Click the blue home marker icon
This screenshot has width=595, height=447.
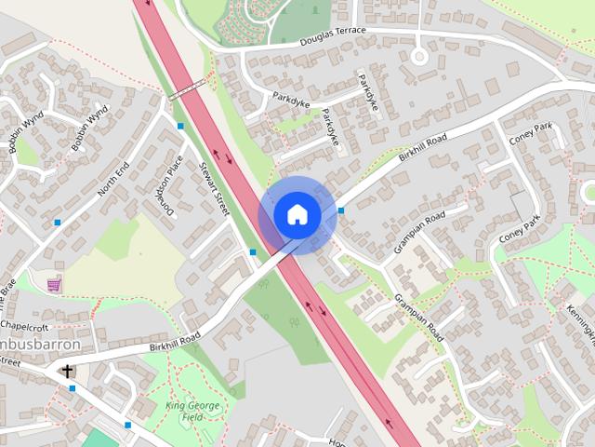(297, 214)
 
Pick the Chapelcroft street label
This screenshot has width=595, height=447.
(23, 327)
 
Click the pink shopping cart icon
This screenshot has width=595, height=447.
(55, 283)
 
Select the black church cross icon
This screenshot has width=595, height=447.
(67, 372)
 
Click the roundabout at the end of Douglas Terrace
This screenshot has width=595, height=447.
(419, 56)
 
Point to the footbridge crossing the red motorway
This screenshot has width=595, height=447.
(187, 89)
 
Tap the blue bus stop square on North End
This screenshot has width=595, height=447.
(58, 223)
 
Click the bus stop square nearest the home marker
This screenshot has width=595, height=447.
(341, 210)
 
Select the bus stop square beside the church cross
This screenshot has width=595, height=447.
(72, 388)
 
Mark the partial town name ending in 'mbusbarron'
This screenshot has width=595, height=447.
(41, 345)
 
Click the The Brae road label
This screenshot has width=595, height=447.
(7, 296)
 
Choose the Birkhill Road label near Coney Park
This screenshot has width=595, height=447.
(423, 150)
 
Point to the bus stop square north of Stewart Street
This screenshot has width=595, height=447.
(180, 126)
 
